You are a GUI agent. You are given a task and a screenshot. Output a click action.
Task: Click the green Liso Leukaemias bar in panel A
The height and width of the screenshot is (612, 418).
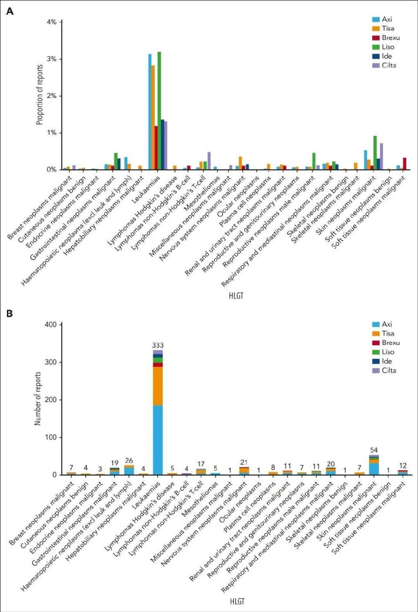159,111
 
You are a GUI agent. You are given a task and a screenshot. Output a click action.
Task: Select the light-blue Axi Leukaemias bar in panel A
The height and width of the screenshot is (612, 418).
150,112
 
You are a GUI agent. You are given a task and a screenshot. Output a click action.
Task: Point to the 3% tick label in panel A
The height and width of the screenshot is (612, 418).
51,59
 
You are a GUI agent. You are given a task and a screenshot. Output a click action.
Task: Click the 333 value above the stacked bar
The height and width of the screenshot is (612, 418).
158,345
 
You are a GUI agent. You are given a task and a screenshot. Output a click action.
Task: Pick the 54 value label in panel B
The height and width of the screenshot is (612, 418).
374,450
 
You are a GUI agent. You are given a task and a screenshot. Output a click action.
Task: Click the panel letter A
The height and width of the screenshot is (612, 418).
10,11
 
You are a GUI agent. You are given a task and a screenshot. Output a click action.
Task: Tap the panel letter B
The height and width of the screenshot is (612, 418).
10,313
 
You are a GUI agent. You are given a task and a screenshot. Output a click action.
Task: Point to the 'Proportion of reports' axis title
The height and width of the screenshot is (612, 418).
40,95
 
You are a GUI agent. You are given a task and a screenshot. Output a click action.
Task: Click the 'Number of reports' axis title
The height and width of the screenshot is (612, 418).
38,399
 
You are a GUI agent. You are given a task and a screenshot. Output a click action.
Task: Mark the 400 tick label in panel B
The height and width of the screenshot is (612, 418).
51,325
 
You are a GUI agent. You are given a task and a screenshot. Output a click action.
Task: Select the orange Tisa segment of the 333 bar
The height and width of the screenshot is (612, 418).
158,386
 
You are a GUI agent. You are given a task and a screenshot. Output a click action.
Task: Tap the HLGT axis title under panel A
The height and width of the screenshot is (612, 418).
236,296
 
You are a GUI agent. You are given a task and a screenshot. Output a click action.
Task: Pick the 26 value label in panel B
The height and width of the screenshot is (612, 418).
129,460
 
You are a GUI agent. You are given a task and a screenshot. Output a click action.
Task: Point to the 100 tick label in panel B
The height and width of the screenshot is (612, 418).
51,437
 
